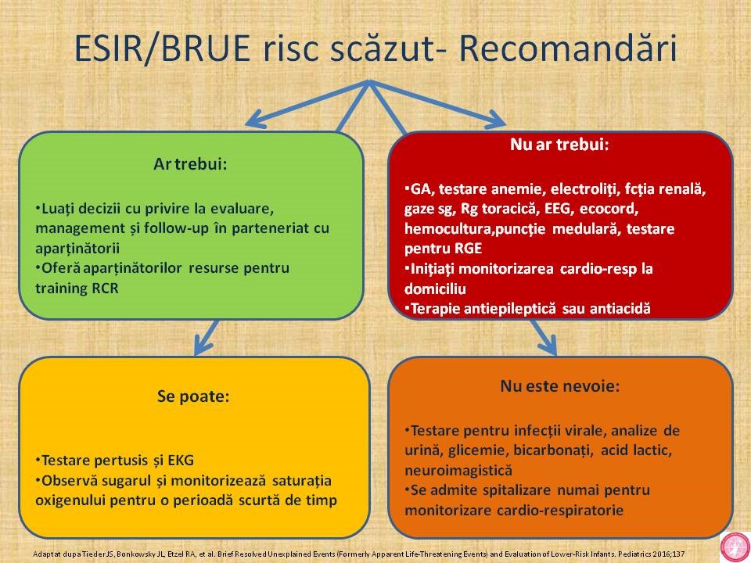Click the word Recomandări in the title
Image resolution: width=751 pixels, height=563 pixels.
[568, 48]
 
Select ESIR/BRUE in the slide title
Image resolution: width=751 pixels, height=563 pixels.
[163, 48]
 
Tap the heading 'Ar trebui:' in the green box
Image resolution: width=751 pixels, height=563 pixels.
[190, 164]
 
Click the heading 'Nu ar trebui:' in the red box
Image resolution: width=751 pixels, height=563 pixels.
[559, 144]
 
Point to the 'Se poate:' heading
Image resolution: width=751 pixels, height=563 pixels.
[193, 396]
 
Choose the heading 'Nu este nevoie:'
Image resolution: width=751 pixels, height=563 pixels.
[560, 385]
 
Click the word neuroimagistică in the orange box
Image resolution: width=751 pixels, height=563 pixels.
[458, 471]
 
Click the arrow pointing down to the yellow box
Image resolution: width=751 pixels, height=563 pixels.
[207, 338]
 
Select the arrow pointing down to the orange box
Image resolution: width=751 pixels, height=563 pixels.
[544, 338]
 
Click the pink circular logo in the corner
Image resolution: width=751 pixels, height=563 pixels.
[735, 547]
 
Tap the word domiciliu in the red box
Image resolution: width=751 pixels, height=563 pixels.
[436, 289]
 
